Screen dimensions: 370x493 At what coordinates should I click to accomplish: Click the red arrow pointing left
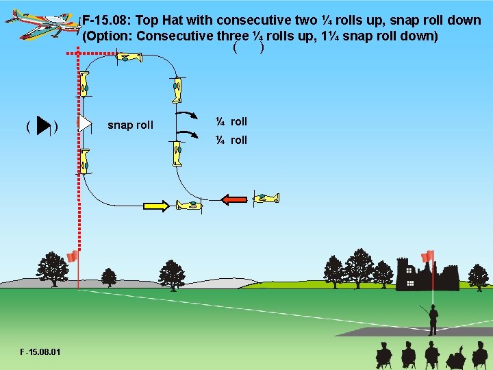tap(234, 199)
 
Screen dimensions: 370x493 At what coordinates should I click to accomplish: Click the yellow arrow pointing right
tap(155, 205)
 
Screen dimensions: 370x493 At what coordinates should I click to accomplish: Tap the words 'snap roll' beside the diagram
tap(131, 125)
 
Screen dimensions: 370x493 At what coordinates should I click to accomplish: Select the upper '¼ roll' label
tap(231, 121)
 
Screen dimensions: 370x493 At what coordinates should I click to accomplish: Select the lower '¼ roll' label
tap(231, 140)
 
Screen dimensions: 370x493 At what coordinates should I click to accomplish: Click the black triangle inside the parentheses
tap(44, 126)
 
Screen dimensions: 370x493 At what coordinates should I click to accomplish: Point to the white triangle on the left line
tap(84, 123)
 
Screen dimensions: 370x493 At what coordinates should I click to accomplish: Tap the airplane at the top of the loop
tap(127, 58)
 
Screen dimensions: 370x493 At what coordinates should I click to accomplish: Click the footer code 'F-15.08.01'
tap(40, 352)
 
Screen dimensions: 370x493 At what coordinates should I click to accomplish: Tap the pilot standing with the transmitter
tap(432, 319)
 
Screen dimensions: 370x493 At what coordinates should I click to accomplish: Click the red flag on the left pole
tap(72, 256)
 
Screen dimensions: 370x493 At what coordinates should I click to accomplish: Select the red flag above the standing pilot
tap(428, 256)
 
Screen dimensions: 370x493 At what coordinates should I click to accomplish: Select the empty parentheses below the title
tap(249, 48)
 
